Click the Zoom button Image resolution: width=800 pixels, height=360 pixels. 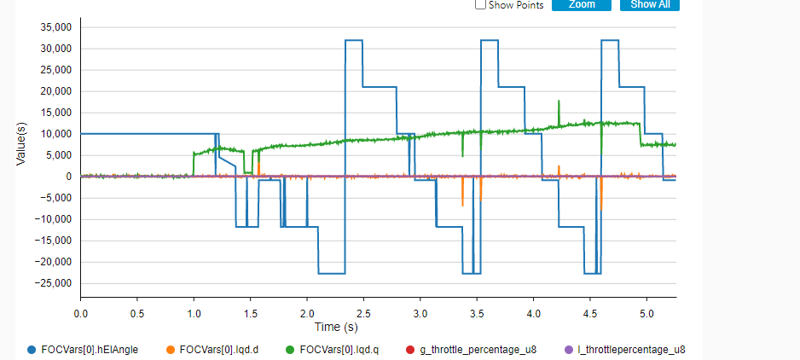pos(581,4)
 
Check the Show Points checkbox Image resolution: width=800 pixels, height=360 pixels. pos(480,5)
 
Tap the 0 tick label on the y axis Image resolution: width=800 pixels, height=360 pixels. pos(67,177)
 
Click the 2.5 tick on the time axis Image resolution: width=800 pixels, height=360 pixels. pos(363,313)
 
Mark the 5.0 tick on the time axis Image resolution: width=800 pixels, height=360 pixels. pos(646,313)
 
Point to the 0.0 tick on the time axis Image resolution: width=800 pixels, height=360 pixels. pos(80,313)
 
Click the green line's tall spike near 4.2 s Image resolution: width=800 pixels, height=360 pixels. pos(558,102)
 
